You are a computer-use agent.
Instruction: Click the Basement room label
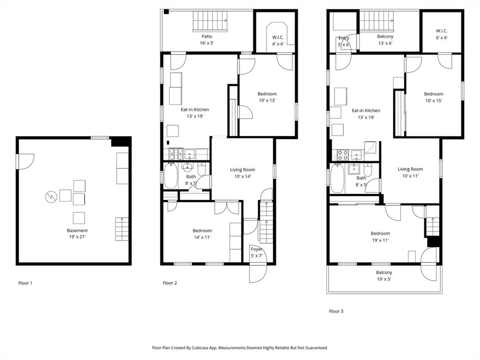coord(77,231)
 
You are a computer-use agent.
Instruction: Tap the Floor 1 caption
coord(25,283)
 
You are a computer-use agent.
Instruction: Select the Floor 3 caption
coord(336,311)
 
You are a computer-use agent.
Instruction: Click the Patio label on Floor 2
coord(207,37)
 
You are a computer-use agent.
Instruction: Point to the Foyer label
coord(256,249)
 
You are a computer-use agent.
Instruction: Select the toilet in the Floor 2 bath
coord(202,169)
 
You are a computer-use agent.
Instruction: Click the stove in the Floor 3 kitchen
coord(343,155)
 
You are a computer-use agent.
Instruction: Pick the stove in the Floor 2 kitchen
coord(176,154)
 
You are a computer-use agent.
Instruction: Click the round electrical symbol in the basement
coord(51,197)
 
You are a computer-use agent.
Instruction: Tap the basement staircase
coord(121,229)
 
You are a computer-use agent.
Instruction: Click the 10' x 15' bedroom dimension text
coord(434,101)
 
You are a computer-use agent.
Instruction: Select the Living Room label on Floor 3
coord(410,169)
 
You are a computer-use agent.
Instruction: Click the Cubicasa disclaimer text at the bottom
coord(240,348)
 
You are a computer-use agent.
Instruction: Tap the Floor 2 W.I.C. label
coord(278,37)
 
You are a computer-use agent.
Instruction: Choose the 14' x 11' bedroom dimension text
coord(202,237)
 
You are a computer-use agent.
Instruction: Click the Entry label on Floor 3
coord(344,38)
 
